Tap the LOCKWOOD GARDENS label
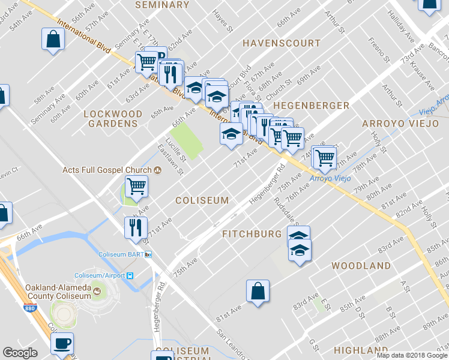click(x=113, y=118)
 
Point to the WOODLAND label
click(x=361, y=265)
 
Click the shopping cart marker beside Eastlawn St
click(x=136, y=187)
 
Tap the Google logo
click(x=20, y=353)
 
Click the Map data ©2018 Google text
click(x=412, y=355)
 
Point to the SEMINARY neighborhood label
click(x=162, y=5)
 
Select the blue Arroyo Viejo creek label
click(x=328, y=178)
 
